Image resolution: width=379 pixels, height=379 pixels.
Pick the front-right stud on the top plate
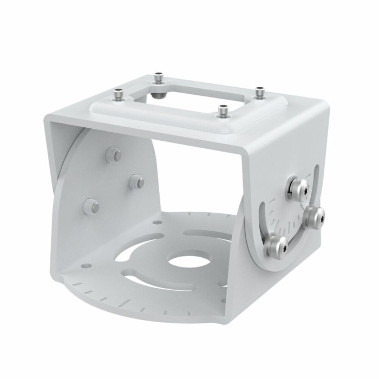(x=222, y=111)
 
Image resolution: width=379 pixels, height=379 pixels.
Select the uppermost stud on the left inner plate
(x=113, y=155)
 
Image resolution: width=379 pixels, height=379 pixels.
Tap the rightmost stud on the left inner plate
(x=136, y=182)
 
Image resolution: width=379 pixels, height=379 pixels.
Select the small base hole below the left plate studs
(x=157, y=221)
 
